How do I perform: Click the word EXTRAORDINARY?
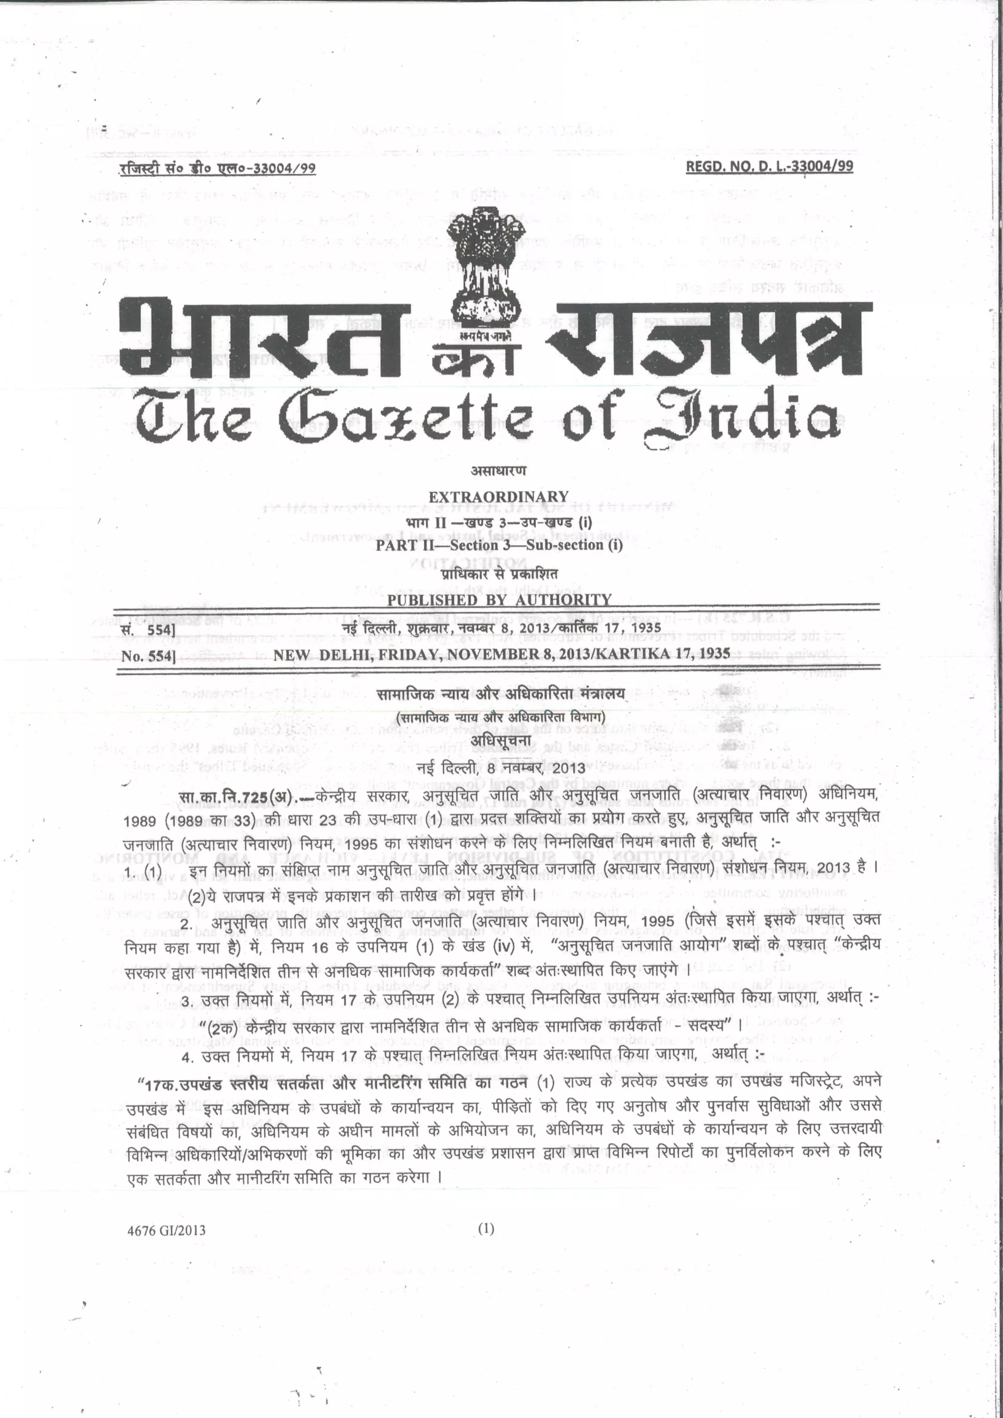[499, 497]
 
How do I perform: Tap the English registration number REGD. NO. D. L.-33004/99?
[769, 166]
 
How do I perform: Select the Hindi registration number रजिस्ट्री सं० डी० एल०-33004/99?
[217, 168]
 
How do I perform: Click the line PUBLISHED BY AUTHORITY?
[499, 599]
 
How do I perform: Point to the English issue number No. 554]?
[148, 656]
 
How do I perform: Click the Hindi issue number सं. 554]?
[148, 630]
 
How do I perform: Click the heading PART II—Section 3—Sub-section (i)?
[499, 545]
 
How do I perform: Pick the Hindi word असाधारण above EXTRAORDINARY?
[499, 471]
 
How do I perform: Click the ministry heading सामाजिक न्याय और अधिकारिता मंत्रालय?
[501, 694]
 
